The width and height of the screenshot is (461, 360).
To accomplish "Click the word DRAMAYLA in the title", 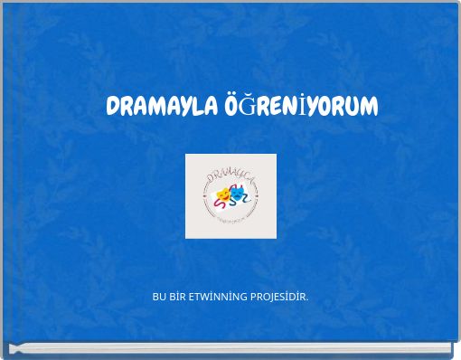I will [160, 107].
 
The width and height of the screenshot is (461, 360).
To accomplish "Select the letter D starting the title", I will [113, 107].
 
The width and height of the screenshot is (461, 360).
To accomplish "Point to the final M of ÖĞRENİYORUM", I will [369, 107].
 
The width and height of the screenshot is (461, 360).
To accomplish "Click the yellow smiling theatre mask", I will [222, 193].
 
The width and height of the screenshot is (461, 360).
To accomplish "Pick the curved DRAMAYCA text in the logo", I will [230, 175].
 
